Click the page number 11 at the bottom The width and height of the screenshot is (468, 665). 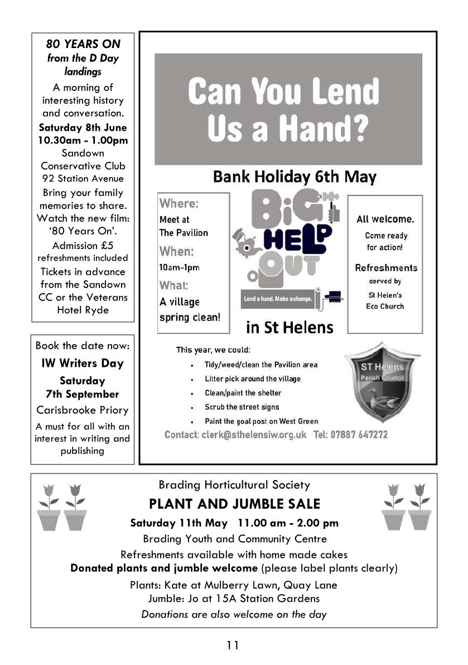click(x=233, y=645)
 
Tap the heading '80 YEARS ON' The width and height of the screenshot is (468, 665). click(x=83, y=44)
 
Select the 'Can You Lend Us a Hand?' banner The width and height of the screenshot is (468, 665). click(x=288, y=109)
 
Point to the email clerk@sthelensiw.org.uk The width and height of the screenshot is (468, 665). click(x=235, y=434)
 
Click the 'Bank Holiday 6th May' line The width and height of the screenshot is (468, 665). click(x=295, y=177)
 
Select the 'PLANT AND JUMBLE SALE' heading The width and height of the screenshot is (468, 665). click(x=234, y=504)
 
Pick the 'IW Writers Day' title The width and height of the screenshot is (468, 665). click(x=83, y=363)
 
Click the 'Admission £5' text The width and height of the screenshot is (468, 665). click(x=83, y=246)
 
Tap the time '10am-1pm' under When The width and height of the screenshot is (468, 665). click(x=179, y=267)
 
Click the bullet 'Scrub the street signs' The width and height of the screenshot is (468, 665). click(x=242, y=407)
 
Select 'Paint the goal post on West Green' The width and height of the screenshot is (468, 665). click(x=261, y=421)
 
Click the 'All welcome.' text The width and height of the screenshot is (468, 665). click(x=385, y=219)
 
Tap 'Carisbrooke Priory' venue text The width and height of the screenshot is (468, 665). click(x=83, y=410)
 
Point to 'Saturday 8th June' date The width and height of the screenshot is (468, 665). click(x=83, y=127)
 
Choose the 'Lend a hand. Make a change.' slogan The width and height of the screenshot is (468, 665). click(x=277, y=299)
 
